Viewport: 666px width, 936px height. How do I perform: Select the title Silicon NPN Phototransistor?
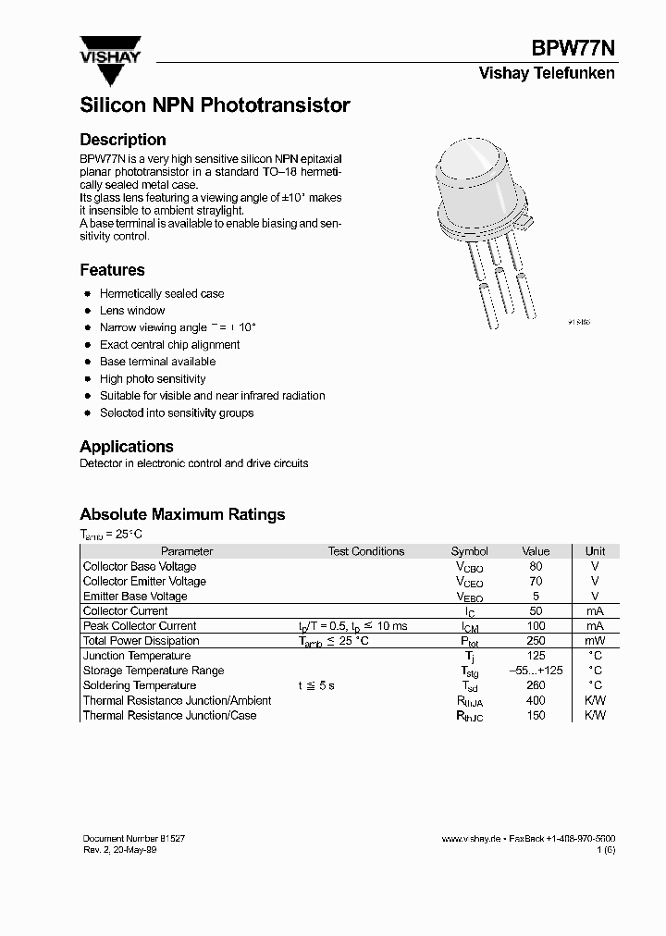[215, 105]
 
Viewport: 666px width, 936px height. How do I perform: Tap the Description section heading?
[123, 140]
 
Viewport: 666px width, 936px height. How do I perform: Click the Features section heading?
[112, 270]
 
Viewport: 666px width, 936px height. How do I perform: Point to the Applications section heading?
[127, 446]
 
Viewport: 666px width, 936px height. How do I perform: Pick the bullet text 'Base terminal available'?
[157, 362]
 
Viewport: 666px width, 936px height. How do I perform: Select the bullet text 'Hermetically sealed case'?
[162, 293]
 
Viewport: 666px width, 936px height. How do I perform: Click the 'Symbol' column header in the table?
[469, 551]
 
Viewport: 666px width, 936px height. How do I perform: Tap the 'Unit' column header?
[595, 551]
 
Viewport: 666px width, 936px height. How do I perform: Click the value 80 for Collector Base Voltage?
[536, 566]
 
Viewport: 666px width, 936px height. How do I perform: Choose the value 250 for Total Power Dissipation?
[536, 641]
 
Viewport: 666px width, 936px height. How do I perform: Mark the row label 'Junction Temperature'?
[137, 656]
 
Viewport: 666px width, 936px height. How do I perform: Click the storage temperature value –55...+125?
[536, 671]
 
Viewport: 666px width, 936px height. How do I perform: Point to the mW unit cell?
[595, 641]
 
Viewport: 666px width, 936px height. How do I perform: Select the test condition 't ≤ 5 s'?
[315, 685]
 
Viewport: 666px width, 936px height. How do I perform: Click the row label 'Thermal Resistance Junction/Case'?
[169, 715]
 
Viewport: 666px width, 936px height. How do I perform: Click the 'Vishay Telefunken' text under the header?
[546, 73]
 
